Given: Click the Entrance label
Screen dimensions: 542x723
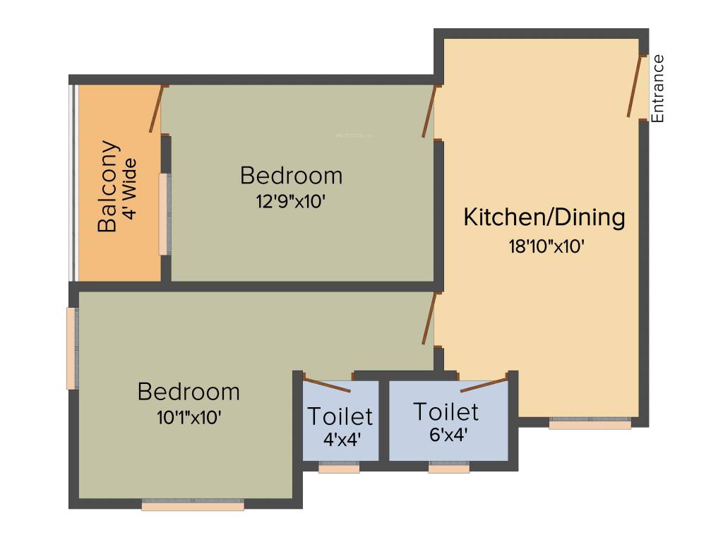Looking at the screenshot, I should point(657,88).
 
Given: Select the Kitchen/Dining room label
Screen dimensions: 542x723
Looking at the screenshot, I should point(544,217).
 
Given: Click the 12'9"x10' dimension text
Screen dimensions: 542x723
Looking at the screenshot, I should point(290,201).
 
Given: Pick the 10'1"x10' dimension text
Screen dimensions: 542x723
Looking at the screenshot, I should point(189,417).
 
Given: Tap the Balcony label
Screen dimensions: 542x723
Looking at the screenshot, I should point(108,186).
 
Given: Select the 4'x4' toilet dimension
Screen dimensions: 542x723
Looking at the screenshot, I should point(342,438).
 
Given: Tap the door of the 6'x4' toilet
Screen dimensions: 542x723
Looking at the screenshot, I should point(484,385).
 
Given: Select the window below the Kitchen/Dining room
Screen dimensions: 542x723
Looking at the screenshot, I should point(590,424).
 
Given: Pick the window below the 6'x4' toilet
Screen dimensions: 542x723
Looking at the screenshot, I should point(448,467).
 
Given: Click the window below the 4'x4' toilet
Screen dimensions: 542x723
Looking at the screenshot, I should point(339,467).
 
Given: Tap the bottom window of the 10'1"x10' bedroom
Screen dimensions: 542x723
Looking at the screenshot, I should point(193,505).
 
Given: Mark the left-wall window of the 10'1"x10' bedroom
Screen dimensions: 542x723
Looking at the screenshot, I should point(71,348).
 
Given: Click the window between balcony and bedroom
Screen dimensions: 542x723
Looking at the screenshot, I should point(164,214).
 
